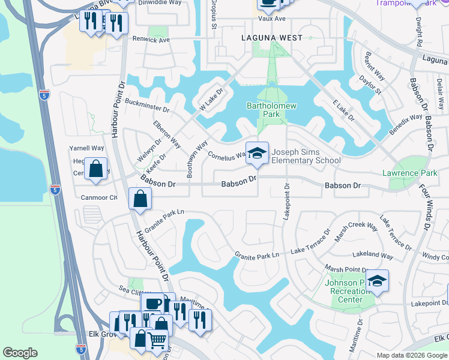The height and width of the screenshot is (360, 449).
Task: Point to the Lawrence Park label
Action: point(410,173)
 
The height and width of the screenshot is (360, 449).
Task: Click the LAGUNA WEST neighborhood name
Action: point(268,37)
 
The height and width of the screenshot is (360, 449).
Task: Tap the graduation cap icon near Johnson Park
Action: point(377,281)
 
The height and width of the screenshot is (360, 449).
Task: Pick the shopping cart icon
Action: point(157,340)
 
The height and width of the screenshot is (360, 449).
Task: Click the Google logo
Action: point(20,353)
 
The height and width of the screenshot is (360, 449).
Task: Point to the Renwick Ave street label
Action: point(152,40)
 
